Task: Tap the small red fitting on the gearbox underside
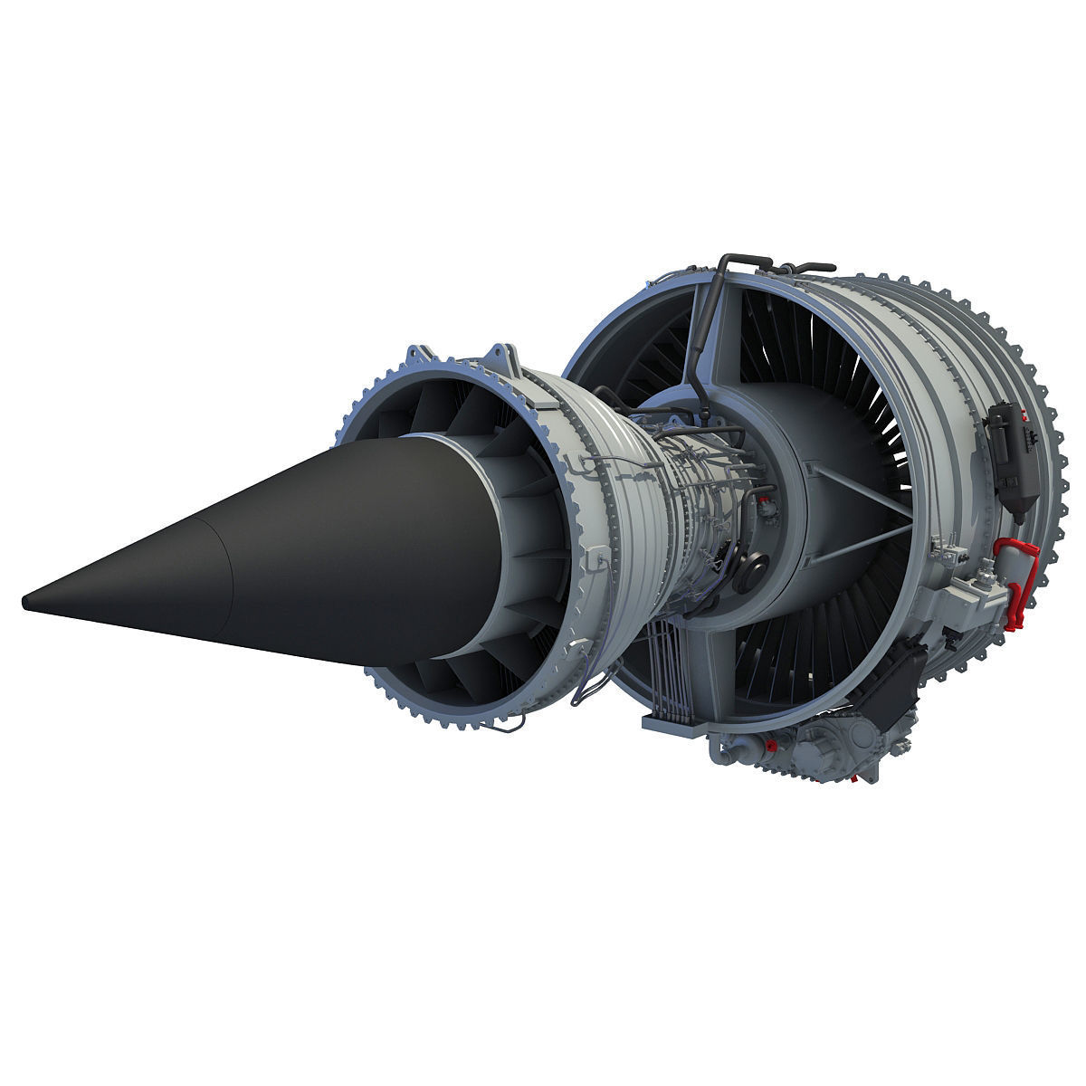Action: pos(771,745)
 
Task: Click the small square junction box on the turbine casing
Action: pos(595,563)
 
